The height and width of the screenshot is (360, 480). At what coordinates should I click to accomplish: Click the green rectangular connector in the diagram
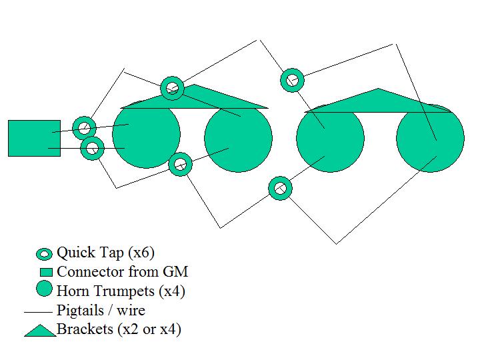point(33,138)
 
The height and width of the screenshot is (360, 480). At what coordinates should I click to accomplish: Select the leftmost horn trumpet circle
point(146,135)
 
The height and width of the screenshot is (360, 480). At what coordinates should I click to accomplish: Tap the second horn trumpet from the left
point(238,139)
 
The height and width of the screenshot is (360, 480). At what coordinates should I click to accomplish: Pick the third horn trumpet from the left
point(330,139)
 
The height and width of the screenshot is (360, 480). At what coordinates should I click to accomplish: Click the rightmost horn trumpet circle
point(430,139)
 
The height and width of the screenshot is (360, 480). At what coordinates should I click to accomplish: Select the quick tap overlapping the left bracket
point(173,87)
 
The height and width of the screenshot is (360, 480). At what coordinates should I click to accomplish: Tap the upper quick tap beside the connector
point(84,128)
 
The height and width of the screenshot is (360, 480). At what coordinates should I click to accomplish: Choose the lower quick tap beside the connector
point(92,148)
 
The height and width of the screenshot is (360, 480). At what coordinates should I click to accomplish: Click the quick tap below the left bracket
point(180,163)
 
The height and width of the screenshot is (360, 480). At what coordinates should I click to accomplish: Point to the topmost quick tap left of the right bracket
point(292,80)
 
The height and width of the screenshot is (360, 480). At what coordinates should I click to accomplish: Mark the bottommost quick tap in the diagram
point(280,188)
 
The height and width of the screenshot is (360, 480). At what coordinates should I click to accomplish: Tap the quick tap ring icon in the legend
point(45,254)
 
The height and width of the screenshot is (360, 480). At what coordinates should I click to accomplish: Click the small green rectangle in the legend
point(45,273)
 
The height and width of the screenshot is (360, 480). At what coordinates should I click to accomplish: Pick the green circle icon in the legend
point(45,290)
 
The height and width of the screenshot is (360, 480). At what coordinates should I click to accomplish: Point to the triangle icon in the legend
point(39,330)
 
